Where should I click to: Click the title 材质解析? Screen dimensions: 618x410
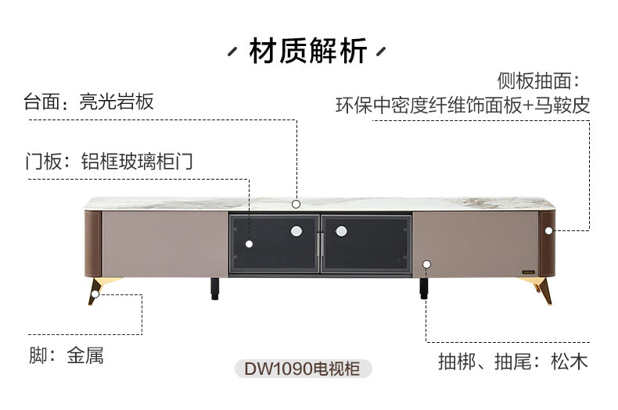307,51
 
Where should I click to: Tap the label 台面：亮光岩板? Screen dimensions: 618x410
88,102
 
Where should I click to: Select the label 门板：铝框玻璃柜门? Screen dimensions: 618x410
110,162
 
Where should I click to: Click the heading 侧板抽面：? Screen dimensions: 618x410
539,80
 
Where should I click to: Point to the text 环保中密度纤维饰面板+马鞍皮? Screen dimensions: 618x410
462,105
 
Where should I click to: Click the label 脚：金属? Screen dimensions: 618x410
66,355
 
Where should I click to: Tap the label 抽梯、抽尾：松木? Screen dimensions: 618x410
513,362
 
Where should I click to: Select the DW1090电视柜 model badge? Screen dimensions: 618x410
303,369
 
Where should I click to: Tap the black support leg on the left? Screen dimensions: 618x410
215,289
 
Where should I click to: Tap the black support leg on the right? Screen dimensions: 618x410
424,288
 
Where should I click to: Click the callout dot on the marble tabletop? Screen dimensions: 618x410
296,204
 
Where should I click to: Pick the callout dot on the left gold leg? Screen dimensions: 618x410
95,294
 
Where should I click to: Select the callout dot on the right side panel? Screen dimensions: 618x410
548,231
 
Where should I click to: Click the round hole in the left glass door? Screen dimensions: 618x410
296,231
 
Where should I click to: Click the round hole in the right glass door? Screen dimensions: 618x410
341,231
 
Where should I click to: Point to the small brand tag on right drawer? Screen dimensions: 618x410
528,272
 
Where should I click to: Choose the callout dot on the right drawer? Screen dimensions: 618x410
426,264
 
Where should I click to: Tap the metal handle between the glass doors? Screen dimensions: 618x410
320,244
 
